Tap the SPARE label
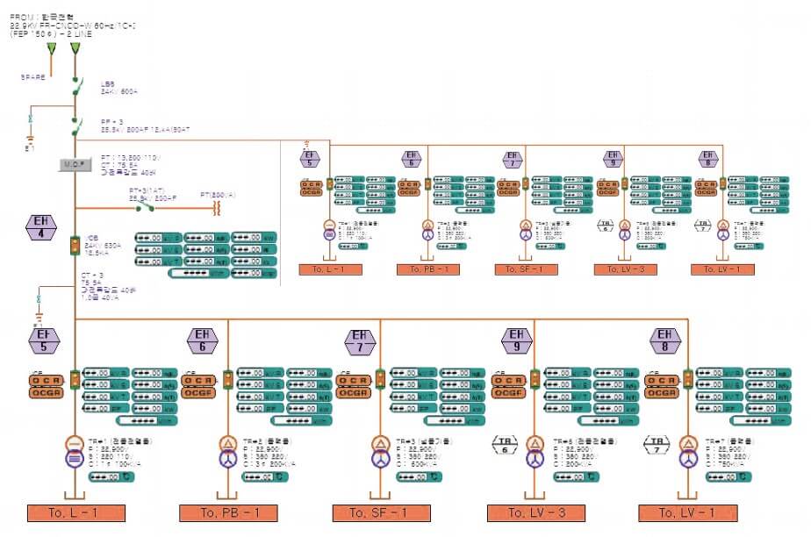click(x=32, y=77)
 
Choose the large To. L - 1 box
click(x=76, y=513)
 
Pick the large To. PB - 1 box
click(x=228, y=513)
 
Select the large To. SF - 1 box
click(x=381, y=513)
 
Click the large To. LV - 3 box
click(x=535, y=513)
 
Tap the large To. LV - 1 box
click(x=687, y=513)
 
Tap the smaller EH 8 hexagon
click(x=708, y=159)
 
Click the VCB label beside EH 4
click(x=93, y=238)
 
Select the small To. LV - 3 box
click(x=625, y=269)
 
